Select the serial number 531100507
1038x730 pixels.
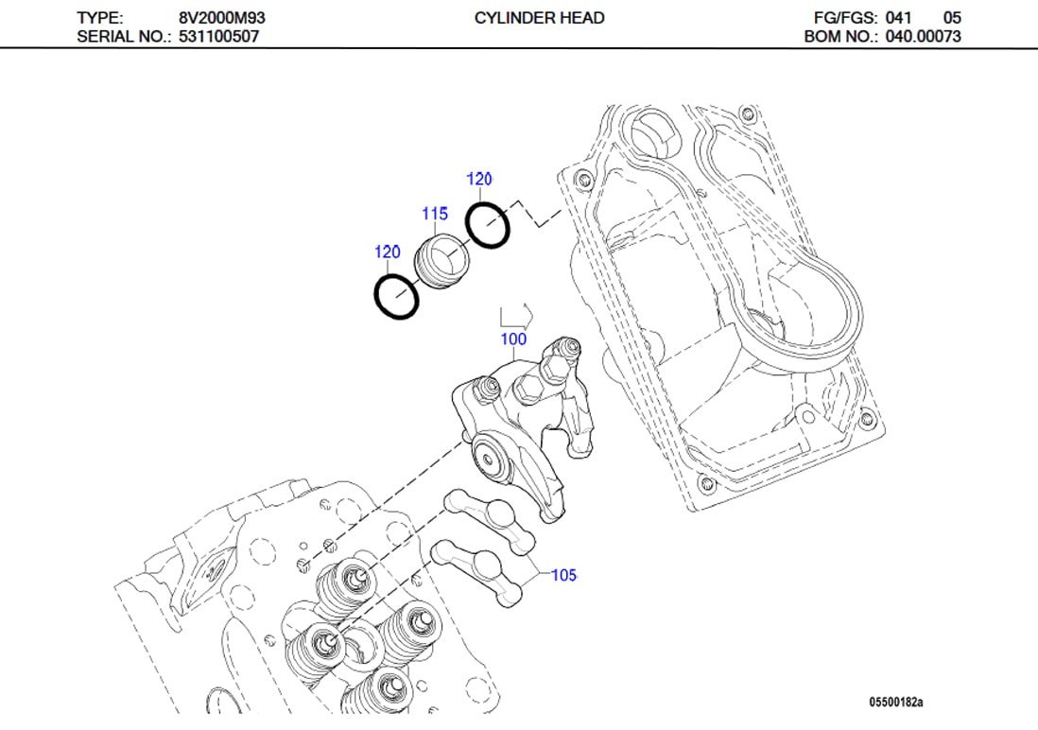[x=218, y=37]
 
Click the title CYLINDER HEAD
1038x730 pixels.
[x=539, y=18]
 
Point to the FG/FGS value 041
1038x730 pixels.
[x=898, y=18]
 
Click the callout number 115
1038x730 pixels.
[x=435, y=215]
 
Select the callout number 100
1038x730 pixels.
[x=513, y=339]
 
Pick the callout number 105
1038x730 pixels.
[x=563, y=575]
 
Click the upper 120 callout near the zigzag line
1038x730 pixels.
[x=479, y=179]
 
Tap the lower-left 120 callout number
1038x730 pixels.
[x=387, y=252]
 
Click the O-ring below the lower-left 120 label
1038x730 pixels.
[x=395, y=296]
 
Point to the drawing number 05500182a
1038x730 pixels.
[x=895, y=702]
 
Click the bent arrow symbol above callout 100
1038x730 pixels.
[x=516, y=315]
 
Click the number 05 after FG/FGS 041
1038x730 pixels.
[x=952, y=18]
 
